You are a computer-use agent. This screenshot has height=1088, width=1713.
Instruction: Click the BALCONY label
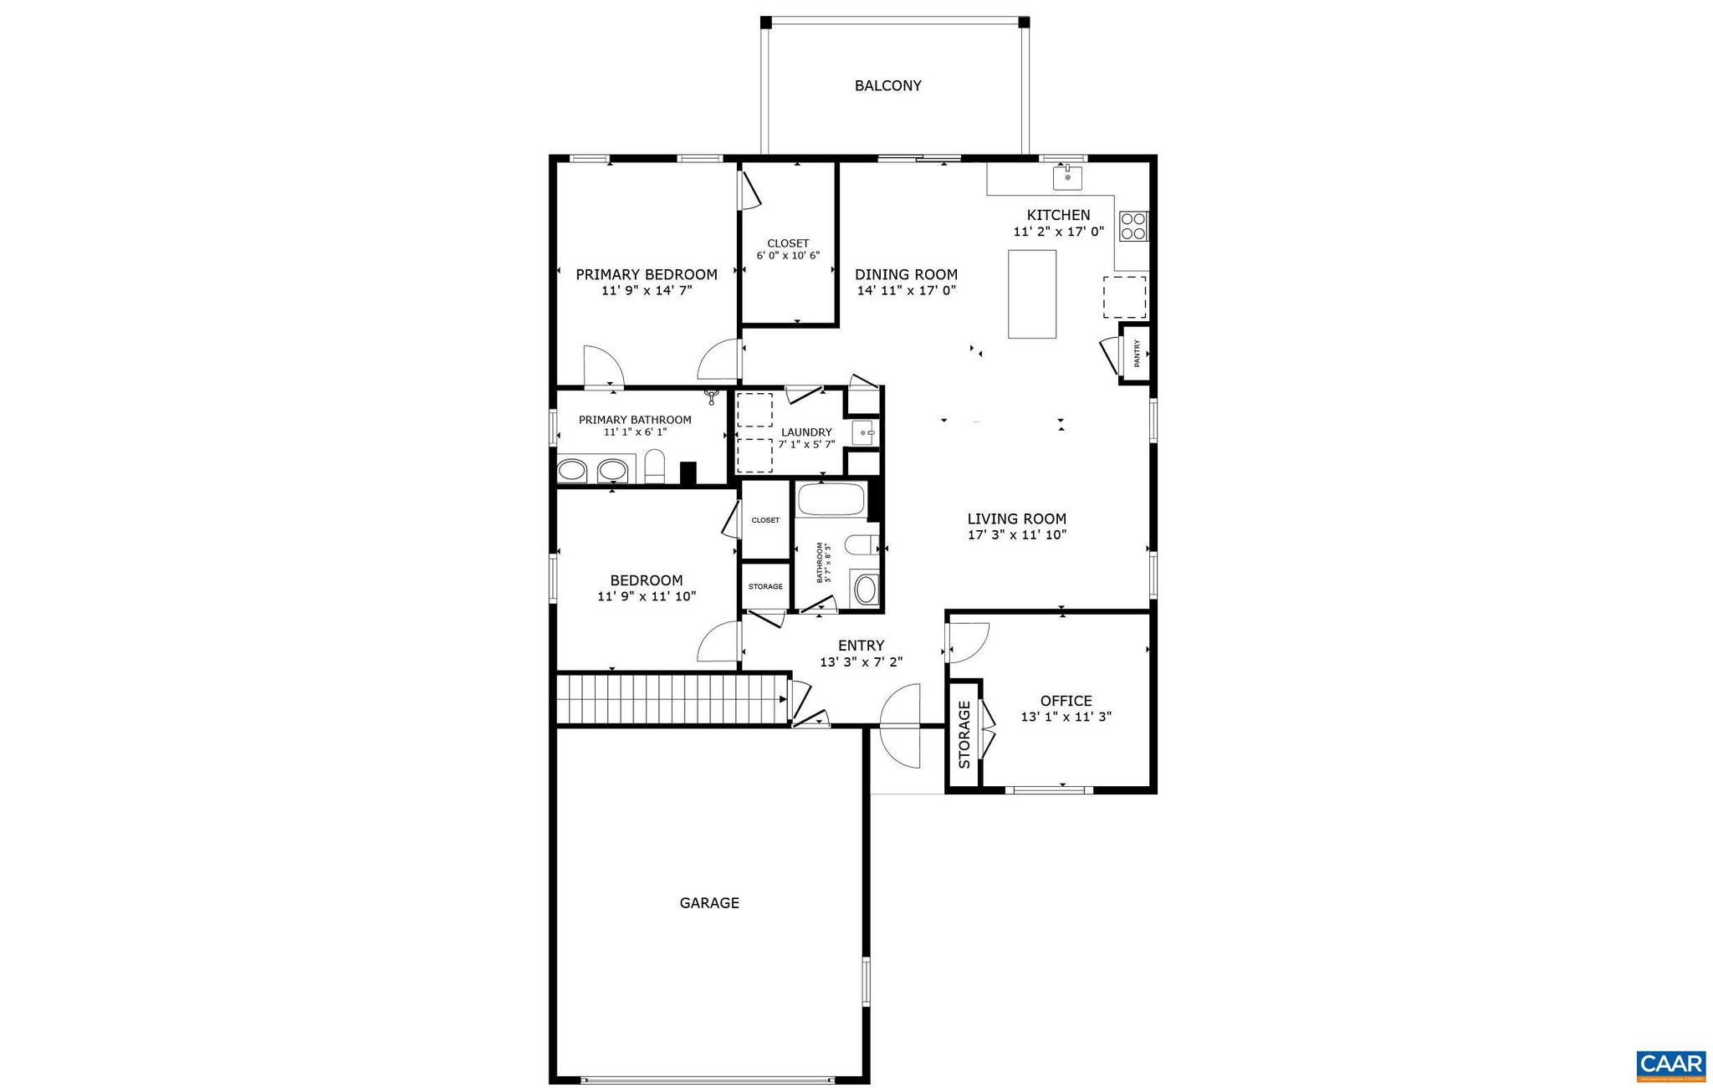click(887, 85)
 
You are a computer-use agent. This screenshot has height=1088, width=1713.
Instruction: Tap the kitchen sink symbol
click(1067, 177)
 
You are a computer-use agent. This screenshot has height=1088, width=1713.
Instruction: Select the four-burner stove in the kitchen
click(1133, 226)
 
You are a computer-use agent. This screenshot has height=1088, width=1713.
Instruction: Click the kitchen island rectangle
click(1031, 294)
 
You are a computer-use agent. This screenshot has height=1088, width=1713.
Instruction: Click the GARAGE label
click(708, 902)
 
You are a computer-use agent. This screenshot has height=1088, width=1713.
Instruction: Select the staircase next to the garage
click(672, 699)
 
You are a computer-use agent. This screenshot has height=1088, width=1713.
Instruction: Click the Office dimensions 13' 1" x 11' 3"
click(1066, 717)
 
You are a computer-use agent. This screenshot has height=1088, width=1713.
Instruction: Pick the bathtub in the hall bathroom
click(830, 500)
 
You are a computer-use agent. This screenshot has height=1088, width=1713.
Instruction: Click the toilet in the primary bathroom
click(654, 467)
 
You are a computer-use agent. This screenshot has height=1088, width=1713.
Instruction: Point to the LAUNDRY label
click(806, 432)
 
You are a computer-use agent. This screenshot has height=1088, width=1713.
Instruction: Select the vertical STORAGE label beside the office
click(964, 734)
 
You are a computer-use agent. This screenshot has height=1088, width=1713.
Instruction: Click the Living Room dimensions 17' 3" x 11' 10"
click(1016, 535)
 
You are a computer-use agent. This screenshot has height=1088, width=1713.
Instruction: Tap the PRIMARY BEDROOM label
click(646, 274)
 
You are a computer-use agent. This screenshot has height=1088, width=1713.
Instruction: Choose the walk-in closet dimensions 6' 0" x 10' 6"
click(788, 256)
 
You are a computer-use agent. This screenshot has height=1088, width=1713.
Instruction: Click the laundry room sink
click(864, 433)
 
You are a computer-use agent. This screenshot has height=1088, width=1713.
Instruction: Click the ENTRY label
click(861, 646)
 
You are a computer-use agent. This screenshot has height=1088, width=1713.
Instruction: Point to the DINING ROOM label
click(906, 274)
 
